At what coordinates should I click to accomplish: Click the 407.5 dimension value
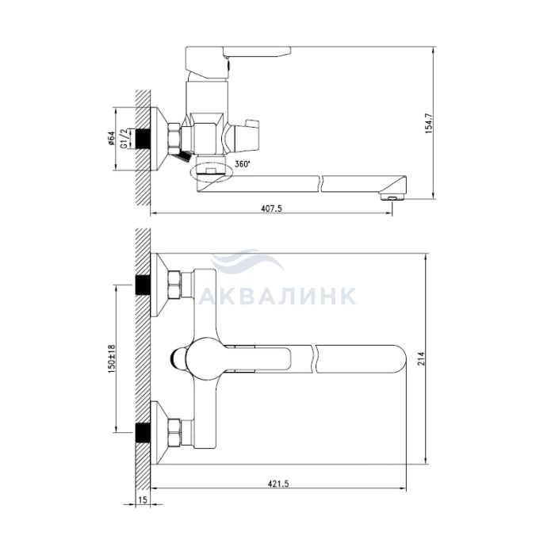pos(271,209)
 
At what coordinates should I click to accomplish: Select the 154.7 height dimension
pos(429,123)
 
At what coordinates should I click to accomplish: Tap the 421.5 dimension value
pos(278,484)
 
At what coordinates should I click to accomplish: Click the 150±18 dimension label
pos(112,359)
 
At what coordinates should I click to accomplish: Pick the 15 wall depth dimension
pos(142,499)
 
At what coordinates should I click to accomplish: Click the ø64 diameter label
pos(111,139)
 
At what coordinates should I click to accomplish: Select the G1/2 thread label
pos(124,139)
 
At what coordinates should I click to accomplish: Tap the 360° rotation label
pos(243,164)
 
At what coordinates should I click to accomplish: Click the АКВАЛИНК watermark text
pos(277,297)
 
